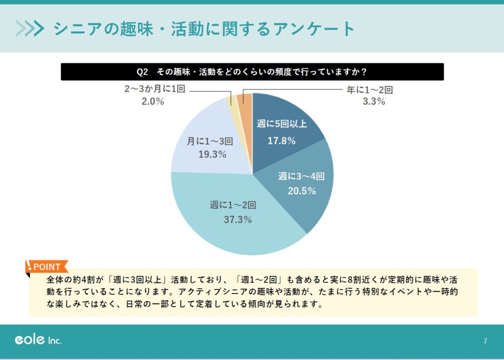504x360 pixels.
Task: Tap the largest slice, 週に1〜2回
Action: pos(231,231)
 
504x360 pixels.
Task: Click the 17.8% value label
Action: pos(282,141)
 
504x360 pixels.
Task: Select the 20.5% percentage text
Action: pos(302,191)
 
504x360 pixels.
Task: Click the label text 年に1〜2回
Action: pos(367,90)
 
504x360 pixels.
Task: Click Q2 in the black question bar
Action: pos(142,72)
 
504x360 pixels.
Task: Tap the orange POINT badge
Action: pos(46,267)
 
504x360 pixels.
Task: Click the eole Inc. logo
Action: pos(38,340)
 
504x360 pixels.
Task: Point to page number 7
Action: pos(485,341)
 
